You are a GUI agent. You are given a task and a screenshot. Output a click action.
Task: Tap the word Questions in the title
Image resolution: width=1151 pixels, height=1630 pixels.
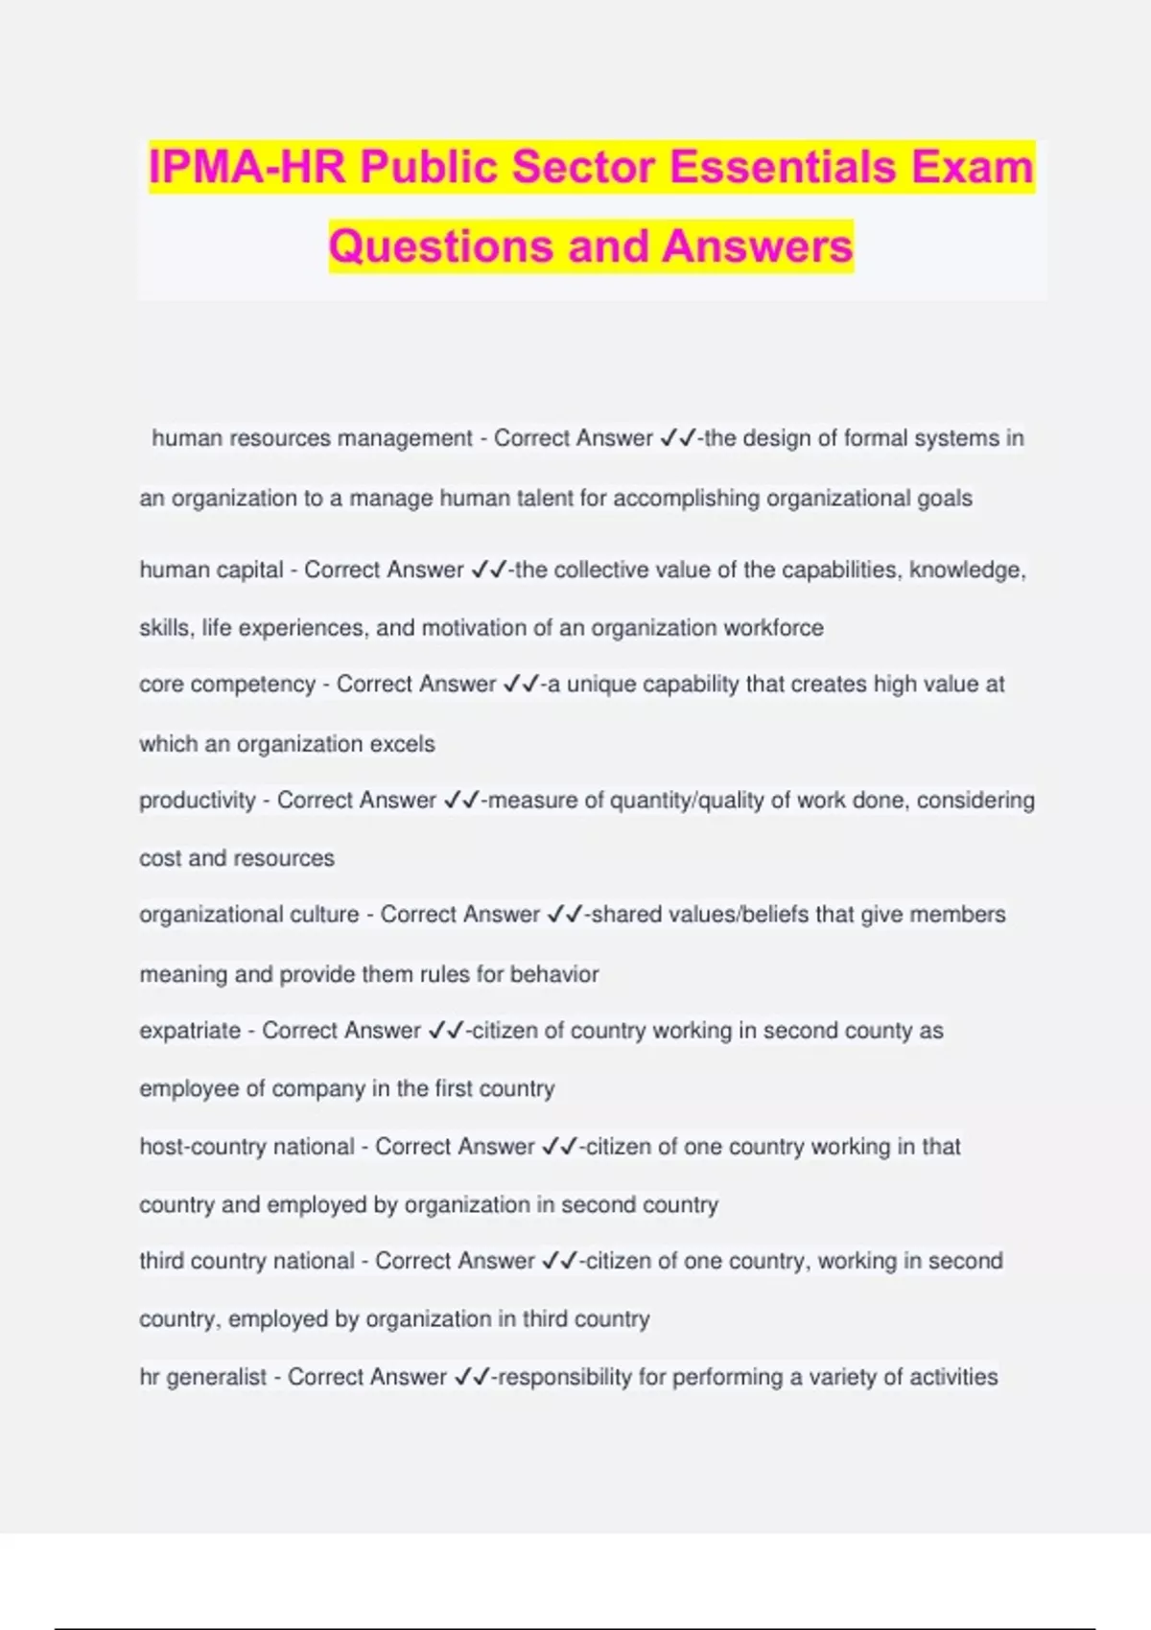(441, 245)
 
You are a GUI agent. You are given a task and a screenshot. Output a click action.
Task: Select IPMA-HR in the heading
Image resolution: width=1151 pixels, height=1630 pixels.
(247, 167)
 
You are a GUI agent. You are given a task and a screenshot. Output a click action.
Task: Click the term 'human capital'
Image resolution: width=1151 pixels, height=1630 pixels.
(211, 570)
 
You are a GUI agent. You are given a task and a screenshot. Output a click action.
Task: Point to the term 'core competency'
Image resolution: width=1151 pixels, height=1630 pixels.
(227, 685)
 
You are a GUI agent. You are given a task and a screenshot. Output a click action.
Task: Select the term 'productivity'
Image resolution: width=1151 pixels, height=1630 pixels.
(197, 800)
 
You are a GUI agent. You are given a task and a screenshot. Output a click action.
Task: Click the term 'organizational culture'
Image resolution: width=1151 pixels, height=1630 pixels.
(248, 915)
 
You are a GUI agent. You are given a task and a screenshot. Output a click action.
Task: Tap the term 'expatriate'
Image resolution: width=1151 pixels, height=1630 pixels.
(190, 1031)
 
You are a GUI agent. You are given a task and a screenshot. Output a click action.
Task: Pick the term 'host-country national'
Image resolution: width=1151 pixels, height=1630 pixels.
(247, 1147)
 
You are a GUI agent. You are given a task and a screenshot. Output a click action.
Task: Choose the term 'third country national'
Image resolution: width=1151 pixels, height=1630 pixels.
(247, 1261)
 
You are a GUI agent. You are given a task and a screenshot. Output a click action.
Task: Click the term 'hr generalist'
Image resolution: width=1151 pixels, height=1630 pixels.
(202, 1377)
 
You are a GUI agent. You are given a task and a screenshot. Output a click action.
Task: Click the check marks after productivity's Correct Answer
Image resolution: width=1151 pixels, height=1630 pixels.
(460, 800)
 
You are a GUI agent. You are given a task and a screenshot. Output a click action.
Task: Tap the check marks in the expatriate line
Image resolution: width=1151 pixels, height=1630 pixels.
(446, 1031)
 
